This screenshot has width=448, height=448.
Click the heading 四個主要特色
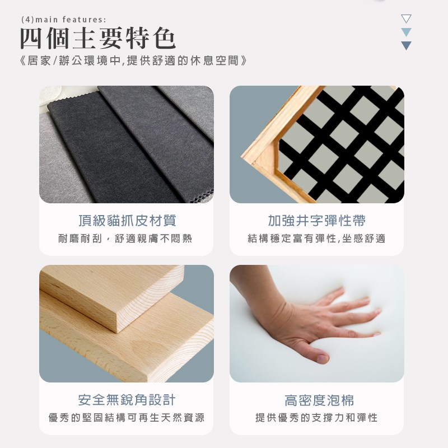pos(97,38)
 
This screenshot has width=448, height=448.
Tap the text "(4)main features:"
pos(64,20)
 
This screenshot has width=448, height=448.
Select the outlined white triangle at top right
pos(406,18)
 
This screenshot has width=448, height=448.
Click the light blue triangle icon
pos(406,32)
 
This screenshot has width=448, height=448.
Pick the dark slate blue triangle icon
pos(406,46)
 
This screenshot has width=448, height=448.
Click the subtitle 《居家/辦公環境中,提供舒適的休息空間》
pos(133,60)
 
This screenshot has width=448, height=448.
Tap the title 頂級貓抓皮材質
pos(127,221)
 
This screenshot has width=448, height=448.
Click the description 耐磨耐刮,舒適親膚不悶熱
pos(125,239)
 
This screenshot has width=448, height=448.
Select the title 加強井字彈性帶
pos(316,221)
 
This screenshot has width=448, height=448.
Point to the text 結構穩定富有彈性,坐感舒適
pos(316,239)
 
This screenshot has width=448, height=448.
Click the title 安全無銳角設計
pos(127,400)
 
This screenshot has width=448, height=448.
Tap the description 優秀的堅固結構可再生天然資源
pos(127,417)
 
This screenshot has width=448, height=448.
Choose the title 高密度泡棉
pos(319,400)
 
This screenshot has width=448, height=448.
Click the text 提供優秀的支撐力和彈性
pos(316,417)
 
